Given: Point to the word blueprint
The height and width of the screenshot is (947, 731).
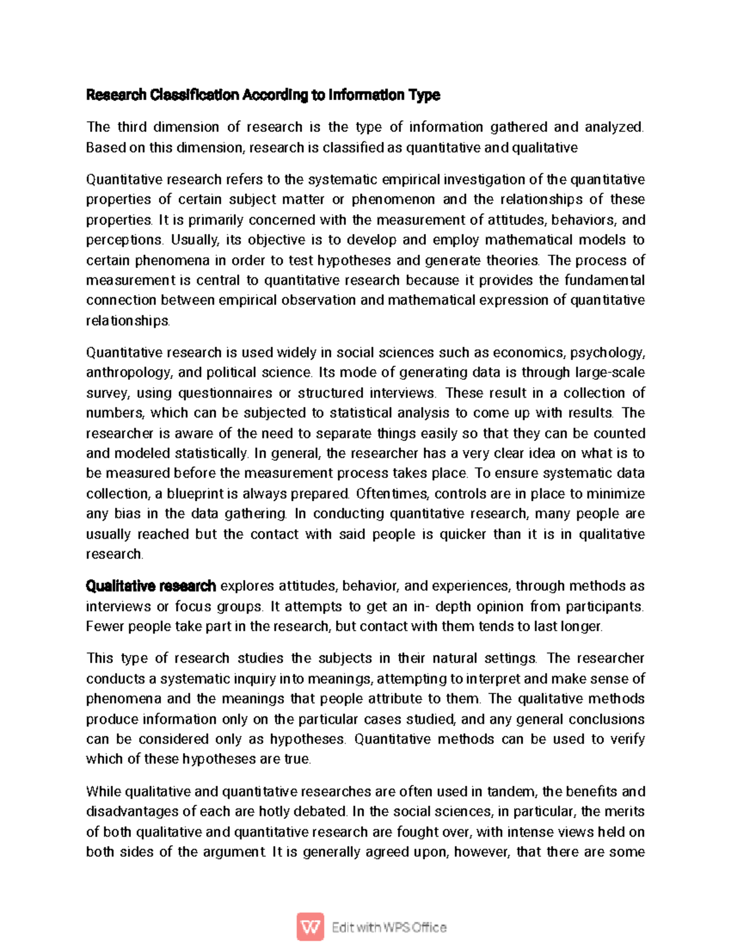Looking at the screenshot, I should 196,493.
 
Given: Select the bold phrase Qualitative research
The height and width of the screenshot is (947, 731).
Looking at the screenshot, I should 150,587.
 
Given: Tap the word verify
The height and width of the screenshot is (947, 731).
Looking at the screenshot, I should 626,739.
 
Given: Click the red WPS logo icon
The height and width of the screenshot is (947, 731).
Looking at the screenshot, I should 310,927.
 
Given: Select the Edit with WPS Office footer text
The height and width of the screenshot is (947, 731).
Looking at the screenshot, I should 389,927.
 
